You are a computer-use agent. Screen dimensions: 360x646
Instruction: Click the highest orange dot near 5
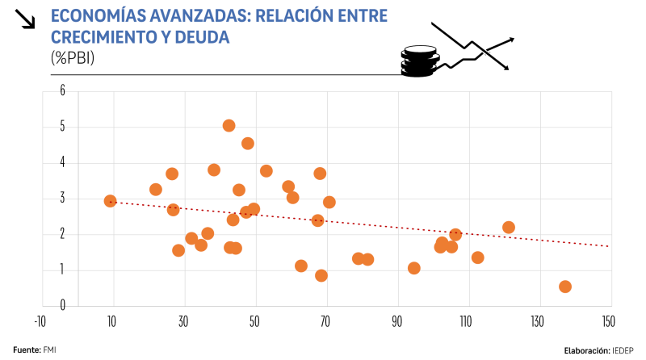[229, 126]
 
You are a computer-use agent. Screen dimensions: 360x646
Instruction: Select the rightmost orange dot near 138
[565, 287]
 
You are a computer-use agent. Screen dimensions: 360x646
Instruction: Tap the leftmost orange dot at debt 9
[111, 201]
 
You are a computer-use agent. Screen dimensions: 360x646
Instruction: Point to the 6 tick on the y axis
[61, 91]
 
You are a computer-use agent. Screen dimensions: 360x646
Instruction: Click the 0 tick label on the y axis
[61, 306]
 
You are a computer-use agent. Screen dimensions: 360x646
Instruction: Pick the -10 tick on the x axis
[39, 320]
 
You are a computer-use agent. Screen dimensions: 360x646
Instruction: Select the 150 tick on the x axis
[608, 320]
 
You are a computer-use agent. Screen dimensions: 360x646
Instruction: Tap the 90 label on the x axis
[397, 320]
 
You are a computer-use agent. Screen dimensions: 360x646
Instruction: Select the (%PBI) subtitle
[73, 57]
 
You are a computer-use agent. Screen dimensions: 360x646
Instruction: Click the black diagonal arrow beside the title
[27, 19]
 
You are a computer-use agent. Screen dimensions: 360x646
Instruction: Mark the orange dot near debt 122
[509, 228]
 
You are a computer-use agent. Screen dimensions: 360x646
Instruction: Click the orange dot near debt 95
[414, 268]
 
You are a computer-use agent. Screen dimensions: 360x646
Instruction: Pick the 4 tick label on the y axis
[61, 163]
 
